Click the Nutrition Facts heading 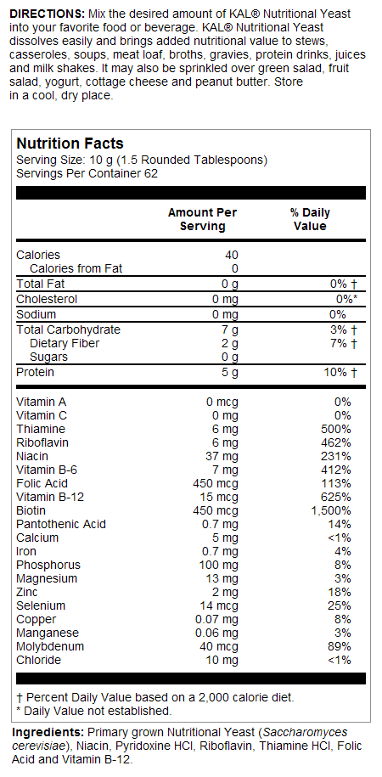[70, 144]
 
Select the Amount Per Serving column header [202, 219]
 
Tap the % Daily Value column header [310, 219]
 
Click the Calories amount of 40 [231, 255]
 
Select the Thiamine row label [40, 429]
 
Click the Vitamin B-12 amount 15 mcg [219, 497]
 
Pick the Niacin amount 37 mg [222, 456]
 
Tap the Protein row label [35, 372]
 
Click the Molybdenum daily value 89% [337, 646]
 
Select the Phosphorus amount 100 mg [219, 565]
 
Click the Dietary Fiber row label [65, 343]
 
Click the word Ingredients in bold [48, 732]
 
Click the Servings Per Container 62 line [87, 173]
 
